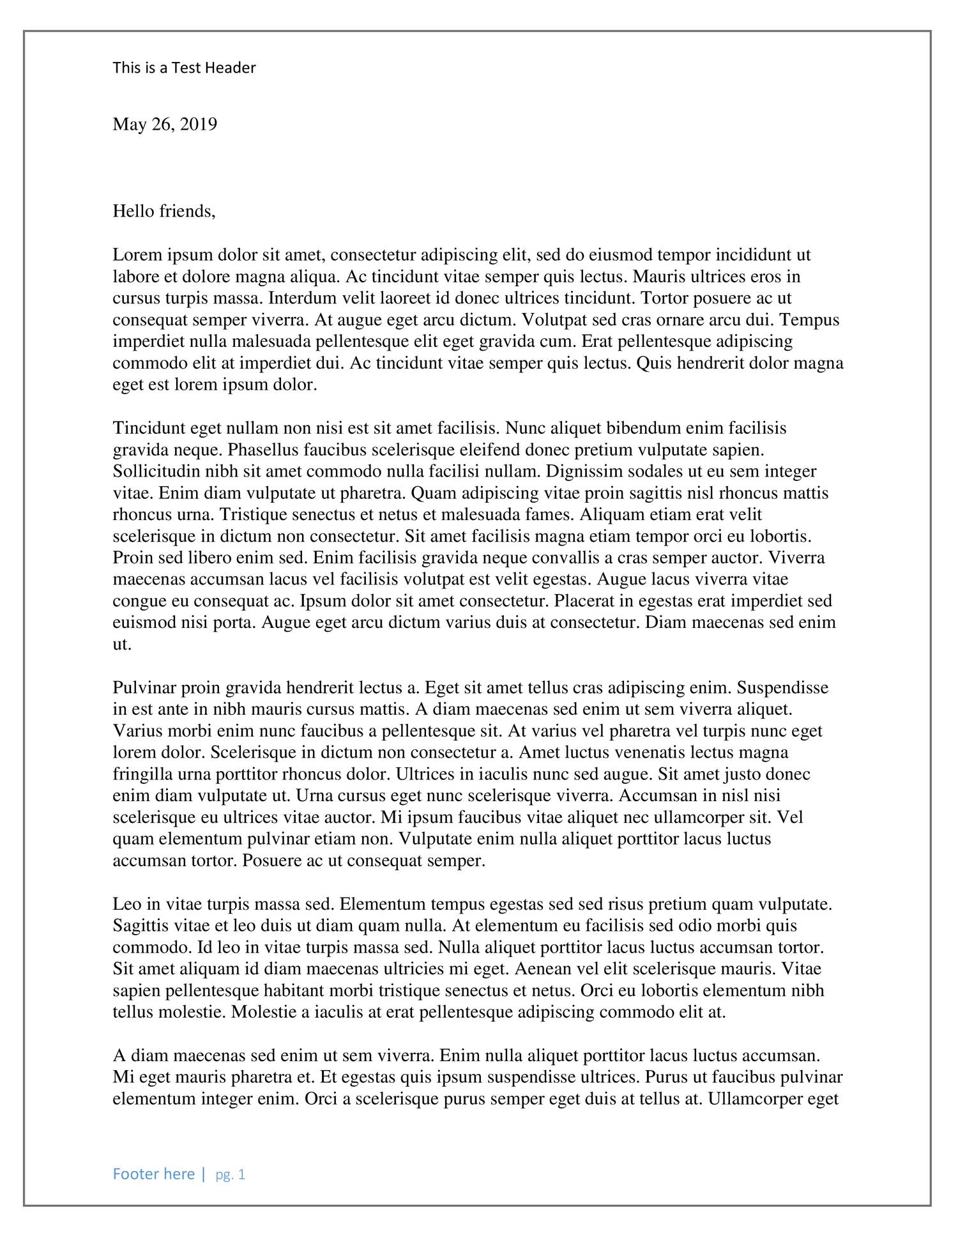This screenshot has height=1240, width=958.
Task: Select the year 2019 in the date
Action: click(x=199, y=124)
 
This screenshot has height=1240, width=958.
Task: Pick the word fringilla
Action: click(x=139, y=774)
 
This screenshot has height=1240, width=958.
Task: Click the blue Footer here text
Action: click(x=154, y=1174)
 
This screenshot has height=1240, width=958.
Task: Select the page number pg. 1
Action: click(x=231, y=1174)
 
